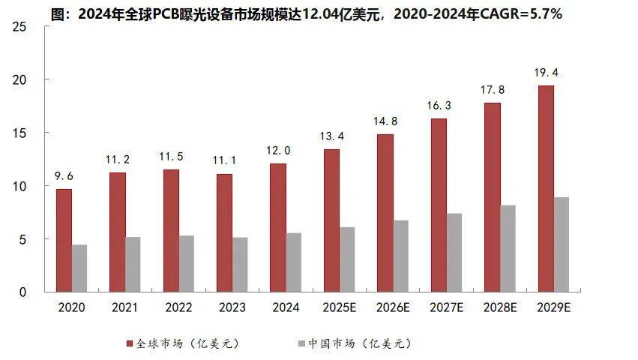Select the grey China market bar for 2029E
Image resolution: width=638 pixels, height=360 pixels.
(562, 244)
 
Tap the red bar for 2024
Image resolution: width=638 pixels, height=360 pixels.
(277, 227)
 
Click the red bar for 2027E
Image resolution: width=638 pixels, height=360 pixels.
(439, 205)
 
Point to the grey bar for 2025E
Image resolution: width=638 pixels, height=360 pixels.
(347, 259)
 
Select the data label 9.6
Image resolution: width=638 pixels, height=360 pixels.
(64, 177)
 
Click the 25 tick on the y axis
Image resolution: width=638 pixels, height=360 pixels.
(20, 27)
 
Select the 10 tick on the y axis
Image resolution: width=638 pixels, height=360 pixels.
(20, 186)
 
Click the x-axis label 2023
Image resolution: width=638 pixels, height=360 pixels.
(233, 307)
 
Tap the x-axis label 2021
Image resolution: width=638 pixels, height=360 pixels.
(125, 307)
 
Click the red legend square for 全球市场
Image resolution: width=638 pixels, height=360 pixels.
(129, 343)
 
